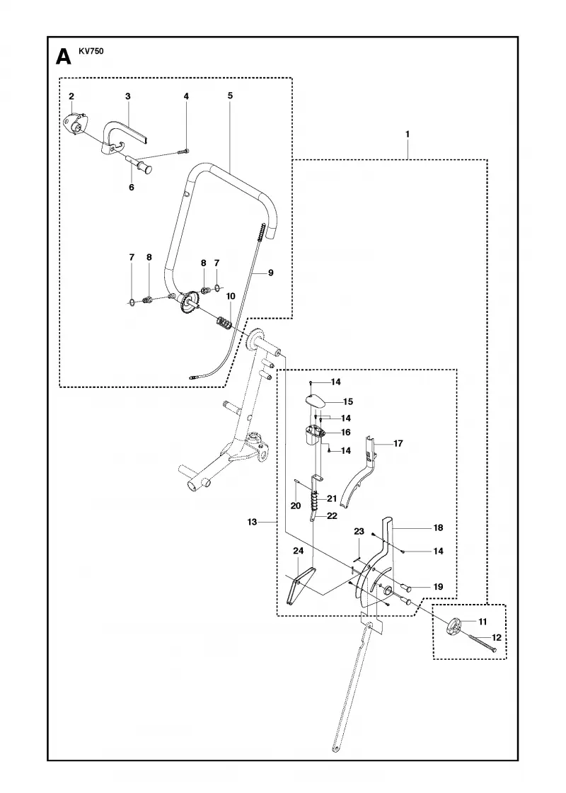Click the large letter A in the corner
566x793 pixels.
coord(64,56)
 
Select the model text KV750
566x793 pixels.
coord(91,50)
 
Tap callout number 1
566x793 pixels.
coord(408,135)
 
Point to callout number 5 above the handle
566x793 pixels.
coord(230,95)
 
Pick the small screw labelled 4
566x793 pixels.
coord(185,150)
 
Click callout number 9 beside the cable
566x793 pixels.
coord(271,273)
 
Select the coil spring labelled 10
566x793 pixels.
coord(224,322)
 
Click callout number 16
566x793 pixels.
coord(346,433)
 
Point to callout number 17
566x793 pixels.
coord(398,443)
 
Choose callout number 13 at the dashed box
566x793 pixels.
coord(252,522)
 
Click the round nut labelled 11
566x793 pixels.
coord(454,626)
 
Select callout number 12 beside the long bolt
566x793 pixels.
coord(496,637)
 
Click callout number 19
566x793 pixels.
coord(438,587)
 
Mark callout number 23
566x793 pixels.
coord(359,532)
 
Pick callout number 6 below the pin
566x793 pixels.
coord(132,187)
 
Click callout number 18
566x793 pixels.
coord(438,527)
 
